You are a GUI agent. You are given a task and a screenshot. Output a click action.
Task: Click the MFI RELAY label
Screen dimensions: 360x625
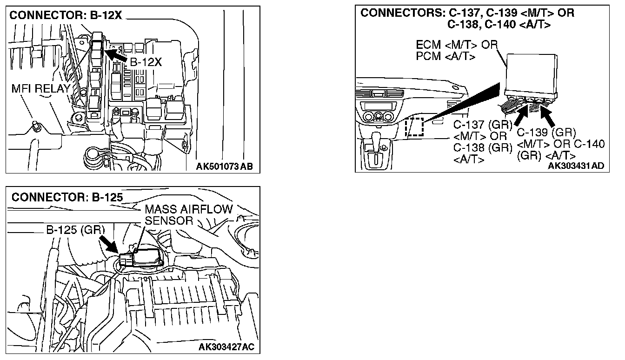point(41,88)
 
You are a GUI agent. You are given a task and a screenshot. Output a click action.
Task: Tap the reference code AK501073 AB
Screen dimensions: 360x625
point(224,167)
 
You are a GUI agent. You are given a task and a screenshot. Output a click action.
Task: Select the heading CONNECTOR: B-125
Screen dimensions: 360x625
point(67,197)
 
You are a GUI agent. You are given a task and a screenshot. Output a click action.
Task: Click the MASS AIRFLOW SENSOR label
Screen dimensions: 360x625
point(188,214)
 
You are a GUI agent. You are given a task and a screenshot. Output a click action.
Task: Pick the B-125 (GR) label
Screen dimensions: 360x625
point(76,230)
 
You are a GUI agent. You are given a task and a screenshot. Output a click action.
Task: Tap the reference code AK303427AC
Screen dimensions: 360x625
point(226,347)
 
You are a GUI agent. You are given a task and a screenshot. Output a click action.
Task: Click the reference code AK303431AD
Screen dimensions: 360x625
point(578,166)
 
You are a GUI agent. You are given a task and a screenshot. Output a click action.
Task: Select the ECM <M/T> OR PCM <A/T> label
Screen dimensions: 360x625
point(456,51)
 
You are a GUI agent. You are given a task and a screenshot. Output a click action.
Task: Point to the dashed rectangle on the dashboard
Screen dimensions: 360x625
point(413,127)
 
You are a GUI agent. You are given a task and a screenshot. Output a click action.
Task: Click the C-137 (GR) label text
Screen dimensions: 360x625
point(483,125)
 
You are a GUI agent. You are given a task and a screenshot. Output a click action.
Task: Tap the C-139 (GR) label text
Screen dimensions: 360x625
point(546,133)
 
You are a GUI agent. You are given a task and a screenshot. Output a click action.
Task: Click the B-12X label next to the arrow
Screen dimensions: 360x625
point(145,62)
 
